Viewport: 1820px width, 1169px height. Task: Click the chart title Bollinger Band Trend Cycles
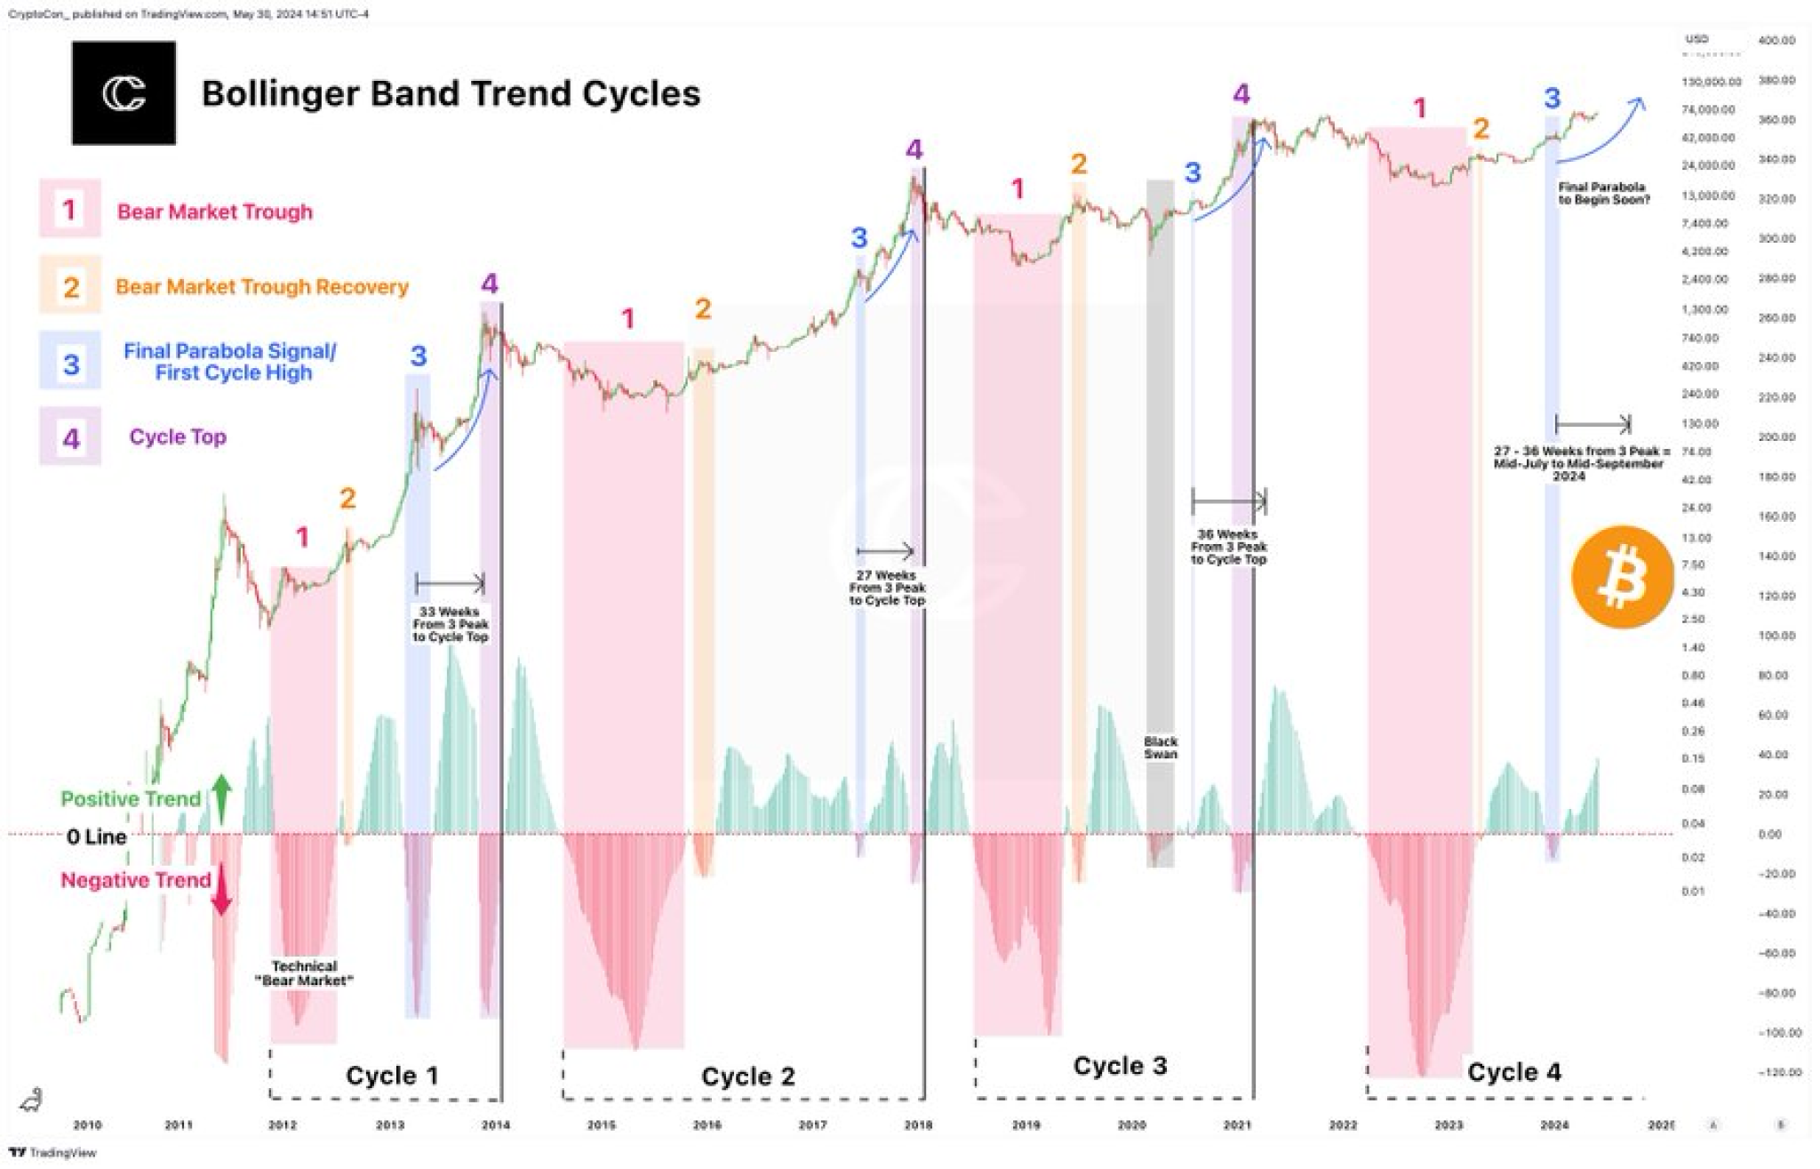coord(451,93)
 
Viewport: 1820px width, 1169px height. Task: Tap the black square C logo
coord(124,93)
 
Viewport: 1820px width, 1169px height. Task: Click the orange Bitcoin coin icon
coord(1622,578)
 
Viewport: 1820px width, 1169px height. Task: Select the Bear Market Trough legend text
coord(214,212)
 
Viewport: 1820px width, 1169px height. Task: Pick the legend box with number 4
coord(70,436)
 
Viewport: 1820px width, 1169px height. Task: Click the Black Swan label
coord(1160,748)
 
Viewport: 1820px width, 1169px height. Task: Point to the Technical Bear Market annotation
coord(304,973)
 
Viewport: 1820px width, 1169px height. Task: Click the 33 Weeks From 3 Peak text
coord(450,624)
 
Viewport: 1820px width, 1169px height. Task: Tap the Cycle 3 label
coord(1120,1065)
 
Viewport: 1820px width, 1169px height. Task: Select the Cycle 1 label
coord(392,1076)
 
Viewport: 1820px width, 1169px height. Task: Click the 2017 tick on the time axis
coord(812,1125)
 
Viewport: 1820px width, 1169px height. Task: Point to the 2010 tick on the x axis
coord(87,1125)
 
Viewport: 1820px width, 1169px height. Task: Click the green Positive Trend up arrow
coord(221,797)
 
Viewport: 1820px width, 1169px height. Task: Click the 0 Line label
coord(96,837)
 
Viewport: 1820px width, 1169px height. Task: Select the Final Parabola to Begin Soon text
coord(1604,193)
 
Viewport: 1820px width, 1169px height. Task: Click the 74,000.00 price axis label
coord(1708,109)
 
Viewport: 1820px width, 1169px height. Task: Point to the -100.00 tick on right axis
coord(1779,1033)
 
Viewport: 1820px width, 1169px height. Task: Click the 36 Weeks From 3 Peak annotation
coord(1228,547)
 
